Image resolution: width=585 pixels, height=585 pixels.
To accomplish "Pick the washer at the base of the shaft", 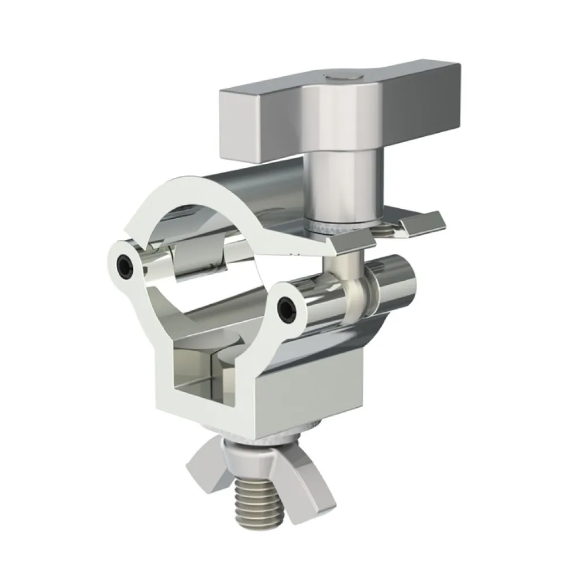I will point(333,228).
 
